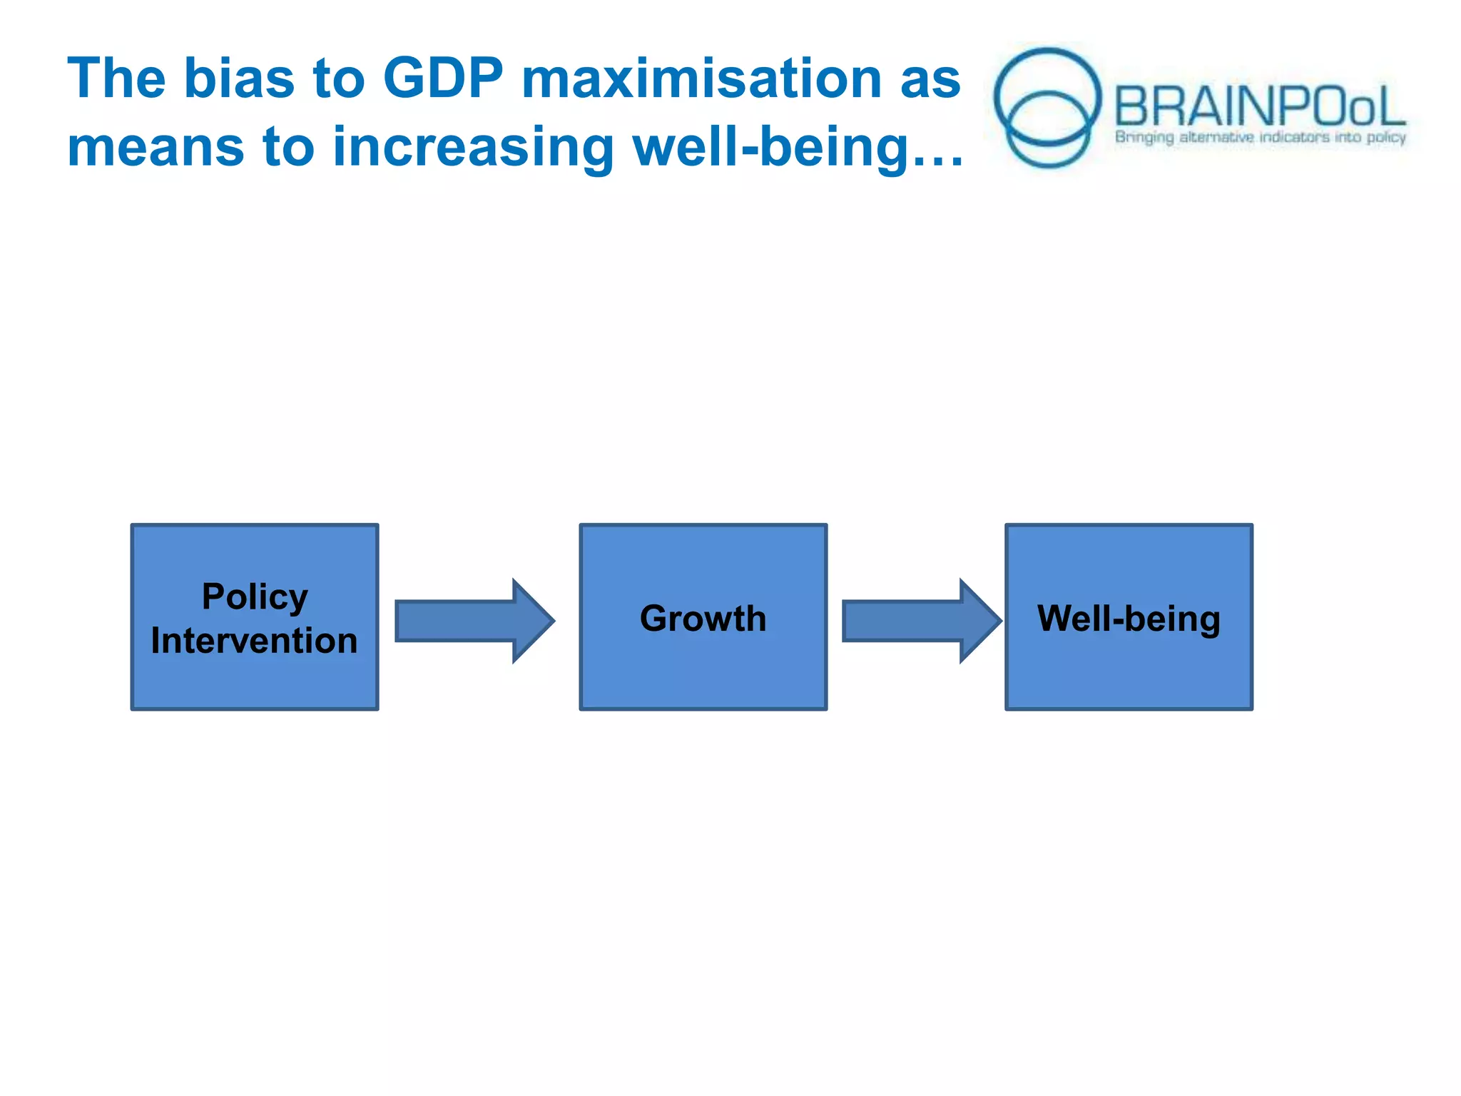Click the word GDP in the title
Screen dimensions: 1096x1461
pos(442,78)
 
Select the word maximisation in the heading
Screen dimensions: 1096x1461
pos(701,78)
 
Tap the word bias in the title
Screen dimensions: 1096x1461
pos(239,78)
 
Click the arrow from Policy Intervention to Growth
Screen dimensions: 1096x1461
pos(474,621)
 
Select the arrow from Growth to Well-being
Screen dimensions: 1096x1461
pos(921,621)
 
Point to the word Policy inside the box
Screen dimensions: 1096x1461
pos(255,597)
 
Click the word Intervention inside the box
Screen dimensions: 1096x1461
pos(255,641)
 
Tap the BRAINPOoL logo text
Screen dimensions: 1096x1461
pos(1259,107)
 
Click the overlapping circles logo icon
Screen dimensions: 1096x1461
pos(1047,107)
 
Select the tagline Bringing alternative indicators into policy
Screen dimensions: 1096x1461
pos(1260,137)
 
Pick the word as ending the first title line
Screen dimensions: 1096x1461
pos(930,78)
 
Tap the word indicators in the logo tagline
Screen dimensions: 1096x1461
pos(1294,137)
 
